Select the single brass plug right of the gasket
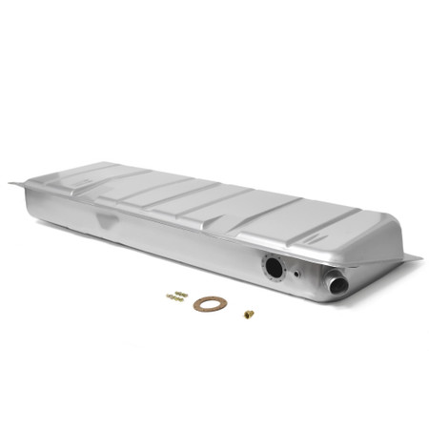coord(248,314)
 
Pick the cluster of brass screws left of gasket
coord(176,296)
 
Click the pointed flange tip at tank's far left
coord(11,183)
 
